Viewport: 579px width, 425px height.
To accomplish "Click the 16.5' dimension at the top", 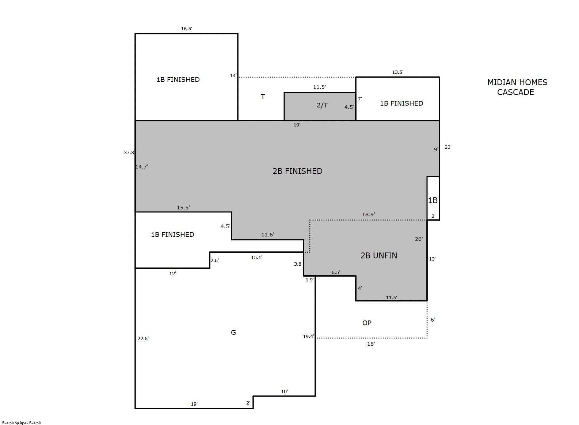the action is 186,29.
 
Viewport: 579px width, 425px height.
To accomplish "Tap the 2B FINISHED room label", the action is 297,171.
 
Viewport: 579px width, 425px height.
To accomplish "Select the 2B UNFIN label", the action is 379,255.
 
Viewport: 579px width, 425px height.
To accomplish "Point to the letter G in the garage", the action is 233,332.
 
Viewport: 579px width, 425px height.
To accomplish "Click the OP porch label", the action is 367,323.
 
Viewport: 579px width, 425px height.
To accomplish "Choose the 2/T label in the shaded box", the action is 322,105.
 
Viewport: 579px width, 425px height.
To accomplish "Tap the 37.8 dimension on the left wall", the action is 129,152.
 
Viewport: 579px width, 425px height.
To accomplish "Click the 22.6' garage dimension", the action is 143,338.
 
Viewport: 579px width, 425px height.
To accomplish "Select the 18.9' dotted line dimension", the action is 369,214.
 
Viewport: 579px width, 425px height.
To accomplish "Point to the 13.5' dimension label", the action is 397,72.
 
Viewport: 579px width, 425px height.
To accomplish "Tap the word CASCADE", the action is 516,92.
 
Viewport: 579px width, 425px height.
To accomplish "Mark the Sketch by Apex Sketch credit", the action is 22,423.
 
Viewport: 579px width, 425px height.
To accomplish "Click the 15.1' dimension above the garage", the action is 257,258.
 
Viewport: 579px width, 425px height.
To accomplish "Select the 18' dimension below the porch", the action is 371,344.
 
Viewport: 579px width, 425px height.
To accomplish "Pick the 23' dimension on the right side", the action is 448,147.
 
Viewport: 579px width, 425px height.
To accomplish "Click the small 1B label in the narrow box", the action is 433,200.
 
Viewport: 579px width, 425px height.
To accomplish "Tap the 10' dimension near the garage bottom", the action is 285,391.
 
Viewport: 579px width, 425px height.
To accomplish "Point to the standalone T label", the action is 263,97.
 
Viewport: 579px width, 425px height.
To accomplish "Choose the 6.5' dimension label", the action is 336,272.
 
